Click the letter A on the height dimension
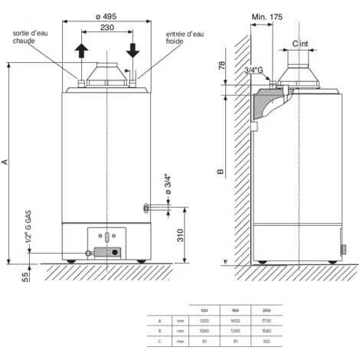pos(6,162)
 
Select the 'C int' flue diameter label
pos(301,45)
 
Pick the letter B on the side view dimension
pos(221,173)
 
